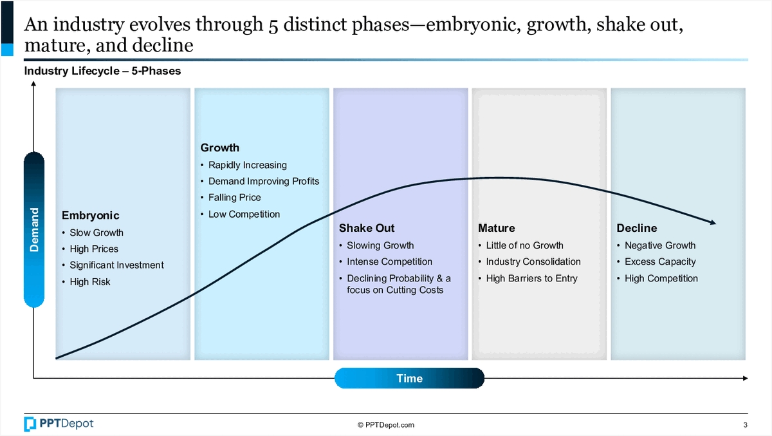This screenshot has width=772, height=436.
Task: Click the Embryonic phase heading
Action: click(x=90, y=216)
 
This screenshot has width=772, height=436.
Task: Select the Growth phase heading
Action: click(x=220, y=147)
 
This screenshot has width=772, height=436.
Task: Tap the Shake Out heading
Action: click(x=367, y=228)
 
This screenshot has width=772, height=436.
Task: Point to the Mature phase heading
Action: click(x=496, y=228)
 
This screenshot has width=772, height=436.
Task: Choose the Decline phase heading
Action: click(x=636, y=228)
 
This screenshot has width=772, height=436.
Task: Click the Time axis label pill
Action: click(x=409, y=378)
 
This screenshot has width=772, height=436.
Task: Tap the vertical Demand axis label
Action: click(x=34, y=230)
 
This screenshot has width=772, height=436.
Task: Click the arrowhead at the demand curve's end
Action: click(x=713, y=222)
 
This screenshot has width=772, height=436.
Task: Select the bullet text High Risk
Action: click(x=90, y=282)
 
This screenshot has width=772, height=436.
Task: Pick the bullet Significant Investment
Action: click(x=117, y=265)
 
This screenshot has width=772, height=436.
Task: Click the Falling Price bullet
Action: click(x=235, y=197)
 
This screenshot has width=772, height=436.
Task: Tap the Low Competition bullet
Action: click(x=244, y=214)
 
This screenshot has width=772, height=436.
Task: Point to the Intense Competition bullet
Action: click(x=389, y=261)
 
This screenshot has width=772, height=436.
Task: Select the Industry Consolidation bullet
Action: click(x=533, y=261)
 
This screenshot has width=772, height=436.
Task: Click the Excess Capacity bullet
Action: click(x=660, y=262)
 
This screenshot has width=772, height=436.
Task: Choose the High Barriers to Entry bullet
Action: click(x=531, y=278)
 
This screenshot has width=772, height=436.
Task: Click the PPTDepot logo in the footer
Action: click(x=59, y=424)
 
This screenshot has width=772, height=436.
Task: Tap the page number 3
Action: click(x=745, y=425)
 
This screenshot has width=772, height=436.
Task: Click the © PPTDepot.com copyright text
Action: click(x=386, y=425)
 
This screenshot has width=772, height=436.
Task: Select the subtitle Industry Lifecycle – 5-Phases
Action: click(x=102, y=71)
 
